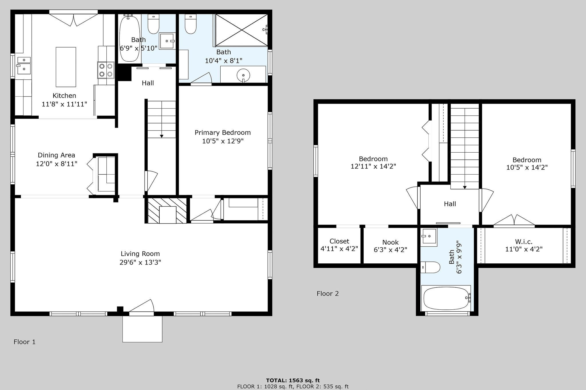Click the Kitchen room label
pyautogui.click(x=64, y=96)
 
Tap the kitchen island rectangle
pyautogui.click(x=66, y=67)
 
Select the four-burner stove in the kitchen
pyautogui.click(x=106, y=70)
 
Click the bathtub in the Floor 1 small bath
pyautogui.click(x=130, y=38)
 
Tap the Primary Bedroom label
pyautogui.click(x=223, y=133)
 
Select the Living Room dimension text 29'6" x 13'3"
pyautogui.click(x=140, y=262)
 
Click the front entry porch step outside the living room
pyautogui.click(x=142, y=329)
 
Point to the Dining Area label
pyautogui.click(x=56, y=155)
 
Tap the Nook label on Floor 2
pyautogui.click(x=391, y=242)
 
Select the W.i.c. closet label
pyautogui.click(x=524, y=242)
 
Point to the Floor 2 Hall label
pyautogui.click(x=450, y=204)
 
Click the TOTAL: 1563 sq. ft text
pyautogui.click(x=293, y=380)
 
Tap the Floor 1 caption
pyautogui.click(x=25, y=342)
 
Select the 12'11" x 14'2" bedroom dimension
pyautogui.click(x=373, y=166)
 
